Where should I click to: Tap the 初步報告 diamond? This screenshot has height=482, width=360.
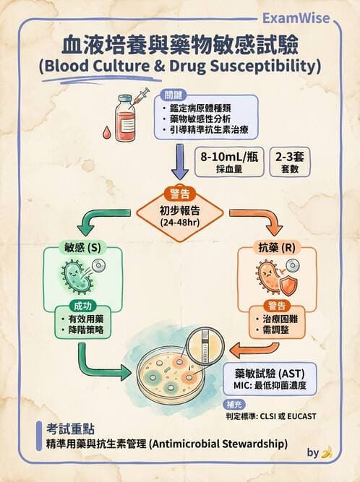click(179, 213)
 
